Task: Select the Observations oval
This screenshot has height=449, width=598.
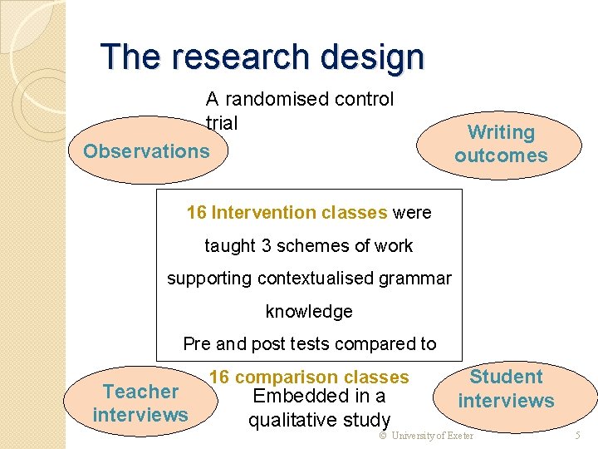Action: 146,151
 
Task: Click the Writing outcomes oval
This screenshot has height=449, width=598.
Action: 501,144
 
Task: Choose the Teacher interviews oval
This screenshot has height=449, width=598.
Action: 140,403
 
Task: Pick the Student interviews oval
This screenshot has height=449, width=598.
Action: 506,389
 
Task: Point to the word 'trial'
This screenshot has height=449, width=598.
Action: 222,123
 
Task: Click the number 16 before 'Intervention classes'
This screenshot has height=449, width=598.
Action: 197,213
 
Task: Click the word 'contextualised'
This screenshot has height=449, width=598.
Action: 319,279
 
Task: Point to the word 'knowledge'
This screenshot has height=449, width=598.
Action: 309,312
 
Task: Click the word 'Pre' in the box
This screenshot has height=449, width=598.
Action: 197,344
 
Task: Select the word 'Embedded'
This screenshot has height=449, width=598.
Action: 292,397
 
